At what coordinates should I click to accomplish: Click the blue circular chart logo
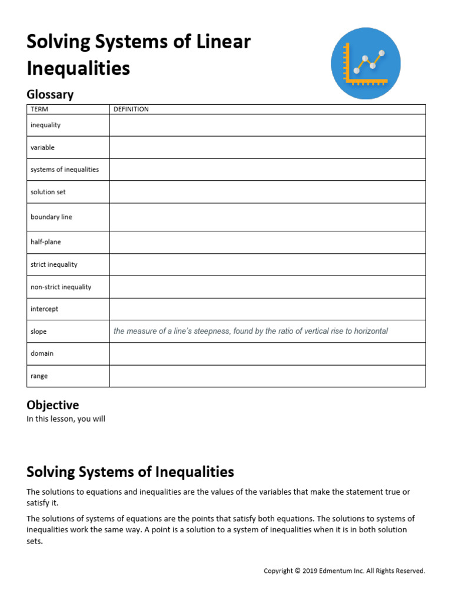coord(365,64)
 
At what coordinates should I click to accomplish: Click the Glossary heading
coord(50,94)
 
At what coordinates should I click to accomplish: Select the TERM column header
coord(39,110)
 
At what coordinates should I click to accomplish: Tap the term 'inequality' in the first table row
coord(45,125)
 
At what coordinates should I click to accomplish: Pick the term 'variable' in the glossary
coord(42,148)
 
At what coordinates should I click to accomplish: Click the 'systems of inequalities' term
coord(65,170)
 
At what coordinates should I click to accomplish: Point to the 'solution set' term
coord(48,192)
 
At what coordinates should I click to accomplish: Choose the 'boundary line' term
coord(51,217)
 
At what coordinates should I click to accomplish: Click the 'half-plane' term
coord(45,242)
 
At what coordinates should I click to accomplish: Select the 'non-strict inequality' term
coord(61,287)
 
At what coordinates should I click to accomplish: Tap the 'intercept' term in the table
coord(44,309)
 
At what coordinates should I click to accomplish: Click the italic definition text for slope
coord(251,332)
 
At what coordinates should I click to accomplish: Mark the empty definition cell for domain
coord(267,354)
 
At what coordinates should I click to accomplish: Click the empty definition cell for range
coord(267,376)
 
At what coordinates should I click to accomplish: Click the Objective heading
coord(52,405)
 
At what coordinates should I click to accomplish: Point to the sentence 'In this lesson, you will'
coord(66,419)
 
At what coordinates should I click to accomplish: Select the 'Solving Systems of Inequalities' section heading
coord(130,472)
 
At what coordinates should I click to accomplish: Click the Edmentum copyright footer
coord(344,571)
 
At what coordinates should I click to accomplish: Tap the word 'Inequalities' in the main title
coord(78,68)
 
